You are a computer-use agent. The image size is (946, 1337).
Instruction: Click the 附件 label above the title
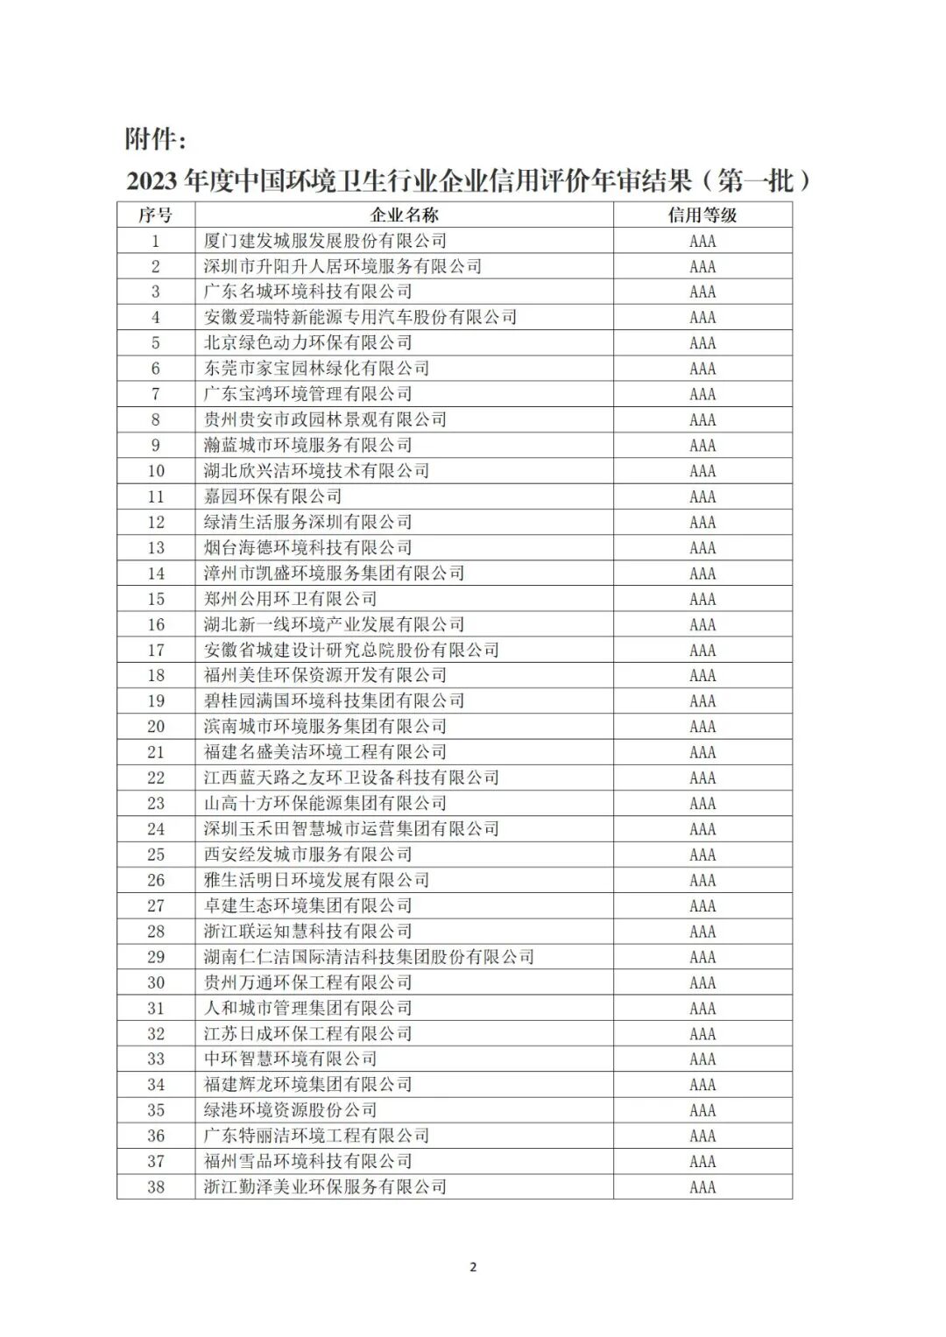tap(155, 138)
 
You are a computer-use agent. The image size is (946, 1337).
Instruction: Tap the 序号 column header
tap(156, 215)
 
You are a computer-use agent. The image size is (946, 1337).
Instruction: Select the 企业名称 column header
tap(404, 215)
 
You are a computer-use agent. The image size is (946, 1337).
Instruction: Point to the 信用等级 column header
tap(702, 215)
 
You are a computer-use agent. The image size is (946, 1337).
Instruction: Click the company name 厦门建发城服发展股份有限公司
tap(325, 241)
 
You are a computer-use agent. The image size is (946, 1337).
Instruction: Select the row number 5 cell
tap(156, 343)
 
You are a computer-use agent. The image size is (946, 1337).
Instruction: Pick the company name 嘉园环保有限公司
tap(272, 496)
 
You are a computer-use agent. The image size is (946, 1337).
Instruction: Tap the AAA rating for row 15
tap(702, 599)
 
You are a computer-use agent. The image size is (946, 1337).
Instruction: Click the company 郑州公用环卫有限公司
tap(290, 599)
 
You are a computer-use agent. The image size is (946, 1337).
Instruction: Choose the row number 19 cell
tap(156, 701)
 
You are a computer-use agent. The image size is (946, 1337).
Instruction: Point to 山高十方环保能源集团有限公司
tap(325, 803)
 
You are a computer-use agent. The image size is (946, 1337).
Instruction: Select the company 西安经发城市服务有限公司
tap(307, 855)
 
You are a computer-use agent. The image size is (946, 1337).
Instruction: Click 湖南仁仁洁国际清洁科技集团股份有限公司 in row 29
tap(369, 957)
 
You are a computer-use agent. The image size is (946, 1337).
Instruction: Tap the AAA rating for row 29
tap(702, 957)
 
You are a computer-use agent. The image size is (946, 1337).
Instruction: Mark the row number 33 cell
tap(156, 1059)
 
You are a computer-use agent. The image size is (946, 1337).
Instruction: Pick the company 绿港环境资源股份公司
tap(290, 1110)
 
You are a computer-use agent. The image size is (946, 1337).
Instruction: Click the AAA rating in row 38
tap(702, 1187)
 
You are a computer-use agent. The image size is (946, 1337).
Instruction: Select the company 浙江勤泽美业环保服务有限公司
tap(325, 1187)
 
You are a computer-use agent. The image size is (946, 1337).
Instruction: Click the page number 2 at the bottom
tap(473, 1267)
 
